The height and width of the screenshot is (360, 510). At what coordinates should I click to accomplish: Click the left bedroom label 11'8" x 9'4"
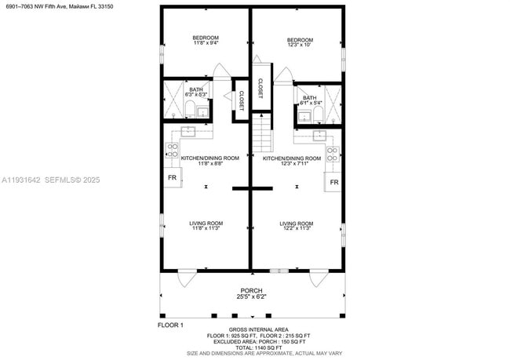[206, 41]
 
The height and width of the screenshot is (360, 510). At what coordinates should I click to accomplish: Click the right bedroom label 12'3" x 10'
[299, 43]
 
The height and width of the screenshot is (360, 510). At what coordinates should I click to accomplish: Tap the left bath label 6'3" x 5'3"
[195, 93]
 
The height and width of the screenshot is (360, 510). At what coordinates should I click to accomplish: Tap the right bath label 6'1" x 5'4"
[310, 100]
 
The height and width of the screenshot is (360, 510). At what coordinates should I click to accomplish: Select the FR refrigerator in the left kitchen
[172, 178]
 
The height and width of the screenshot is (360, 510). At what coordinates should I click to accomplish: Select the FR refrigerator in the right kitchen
[333, 182]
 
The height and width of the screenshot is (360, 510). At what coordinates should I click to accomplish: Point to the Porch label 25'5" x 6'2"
[250, 294]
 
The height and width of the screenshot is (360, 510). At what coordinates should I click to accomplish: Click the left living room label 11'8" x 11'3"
[206, 227]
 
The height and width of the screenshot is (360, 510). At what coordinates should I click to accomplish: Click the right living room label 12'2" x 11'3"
[297, 227]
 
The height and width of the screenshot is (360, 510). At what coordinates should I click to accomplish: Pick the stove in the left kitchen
[172, 150]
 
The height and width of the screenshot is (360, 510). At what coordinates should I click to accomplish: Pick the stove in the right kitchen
[333, 155]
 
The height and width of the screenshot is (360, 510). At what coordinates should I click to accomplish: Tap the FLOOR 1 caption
[170, 325]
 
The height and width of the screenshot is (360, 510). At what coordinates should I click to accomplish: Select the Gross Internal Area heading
[258, 329]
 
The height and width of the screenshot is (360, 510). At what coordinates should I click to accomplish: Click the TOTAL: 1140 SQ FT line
[258, 347]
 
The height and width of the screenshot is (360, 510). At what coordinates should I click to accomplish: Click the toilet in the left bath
[191, 108]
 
